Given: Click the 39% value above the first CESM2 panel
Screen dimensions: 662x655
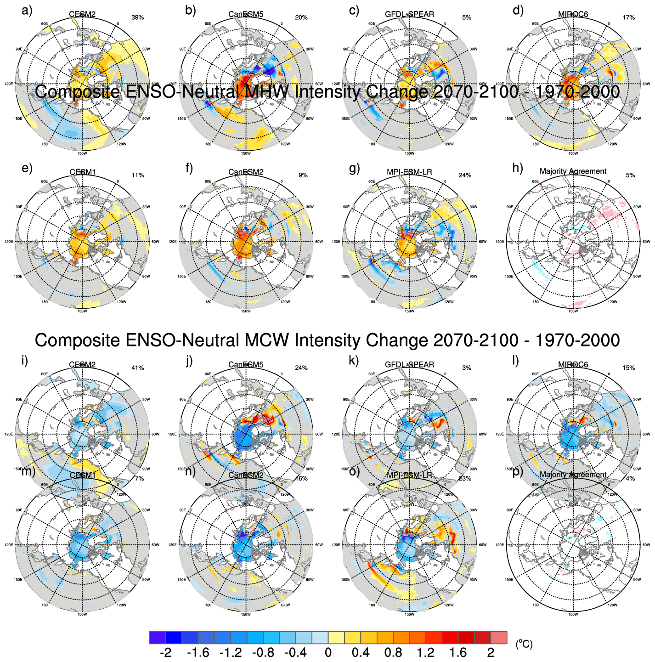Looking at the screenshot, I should [138, 17].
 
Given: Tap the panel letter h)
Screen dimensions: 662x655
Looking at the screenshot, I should [518, 168].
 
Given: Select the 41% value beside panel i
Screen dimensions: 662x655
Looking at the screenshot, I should [138, 368].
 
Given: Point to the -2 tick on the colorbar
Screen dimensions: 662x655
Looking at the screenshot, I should [165, 653].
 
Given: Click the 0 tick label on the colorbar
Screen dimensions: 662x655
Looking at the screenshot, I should [328, 653].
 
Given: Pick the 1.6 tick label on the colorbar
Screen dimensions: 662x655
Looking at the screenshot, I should [458, 653].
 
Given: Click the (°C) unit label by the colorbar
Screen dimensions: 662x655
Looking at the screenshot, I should [524, 644].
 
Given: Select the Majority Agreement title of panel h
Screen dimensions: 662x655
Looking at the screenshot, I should [573, 171].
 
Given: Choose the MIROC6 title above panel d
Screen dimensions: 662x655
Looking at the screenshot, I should [573, 14].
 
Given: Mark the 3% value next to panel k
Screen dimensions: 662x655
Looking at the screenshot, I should [467, 368].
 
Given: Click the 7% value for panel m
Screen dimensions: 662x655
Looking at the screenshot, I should [140, 479].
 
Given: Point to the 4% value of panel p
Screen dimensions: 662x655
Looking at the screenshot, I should [631, 479].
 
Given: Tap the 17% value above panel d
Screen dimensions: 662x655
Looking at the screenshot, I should [629, 17].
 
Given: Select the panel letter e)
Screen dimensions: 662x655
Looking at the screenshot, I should [27, 168].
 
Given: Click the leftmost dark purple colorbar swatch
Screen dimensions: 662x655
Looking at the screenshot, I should [157, 638].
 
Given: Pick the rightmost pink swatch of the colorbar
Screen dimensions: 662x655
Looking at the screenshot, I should [499, 638].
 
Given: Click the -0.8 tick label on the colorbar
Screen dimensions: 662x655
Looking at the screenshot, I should [263, 653].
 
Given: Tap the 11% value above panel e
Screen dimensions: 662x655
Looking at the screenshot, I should [138, 175].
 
